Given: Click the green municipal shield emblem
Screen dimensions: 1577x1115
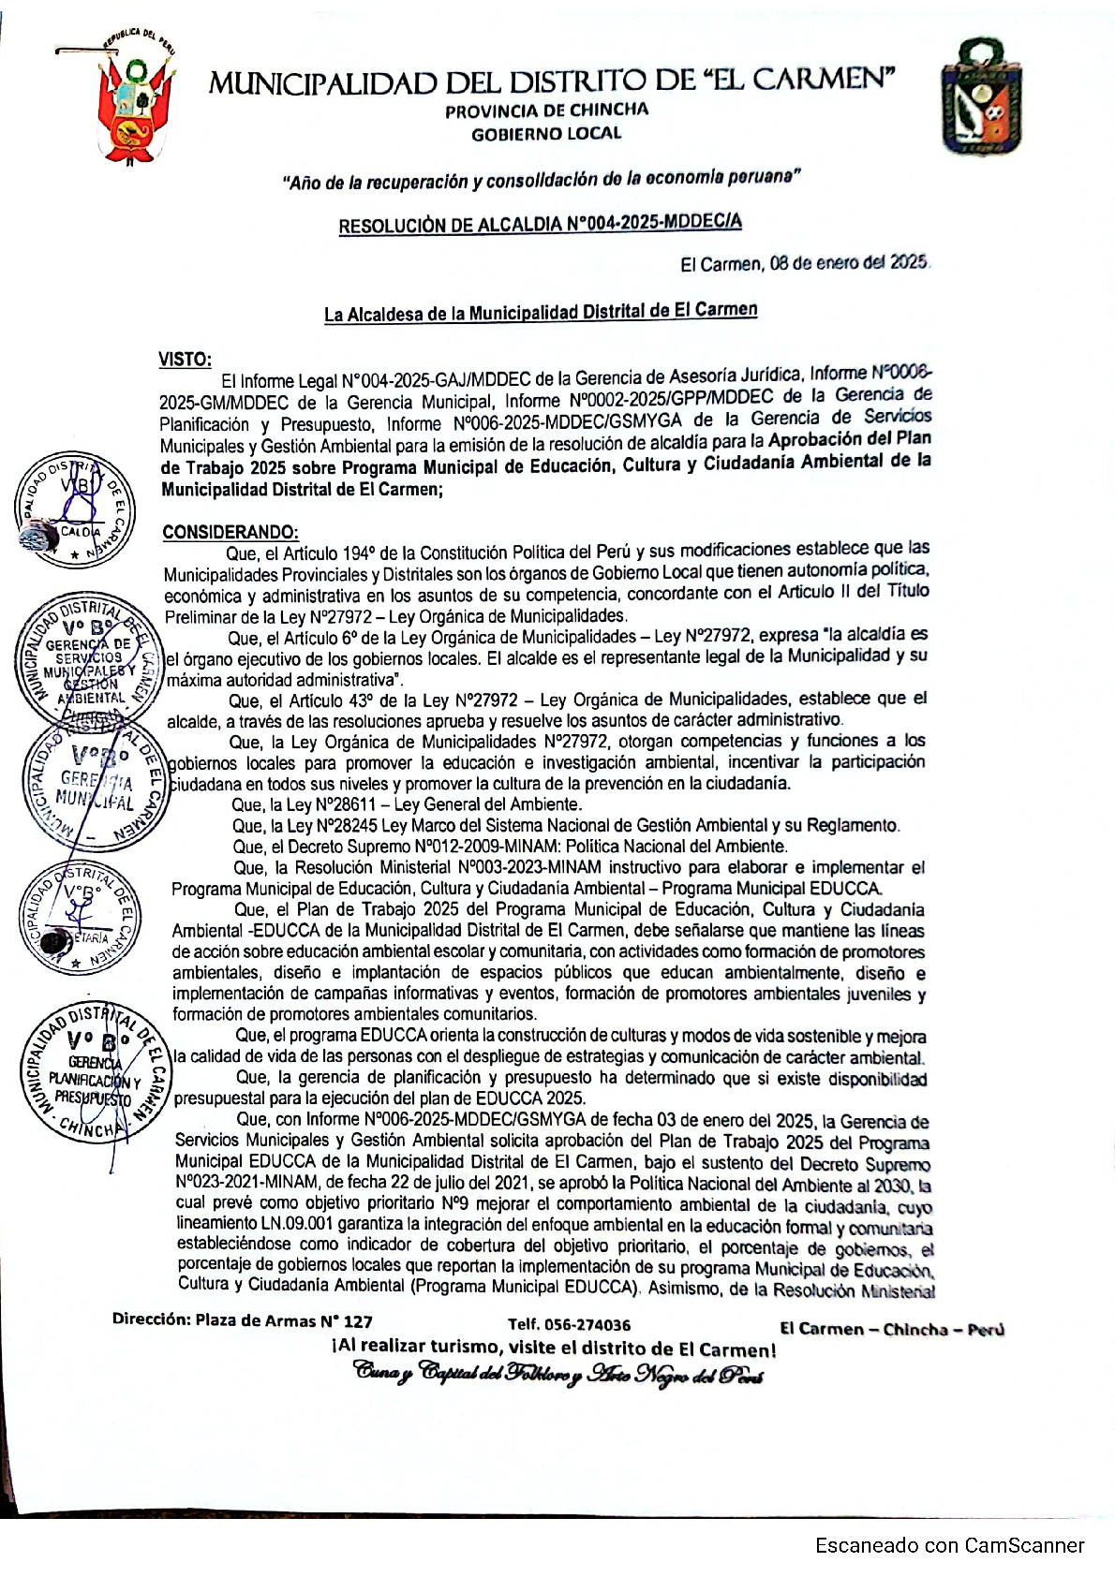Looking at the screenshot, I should [x=981, y=96].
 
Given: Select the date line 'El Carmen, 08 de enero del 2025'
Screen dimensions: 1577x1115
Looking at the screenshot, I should [x=805, y=263].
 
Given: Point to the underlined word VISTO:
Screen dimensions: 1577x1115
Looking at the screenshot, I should [x=185, y=359].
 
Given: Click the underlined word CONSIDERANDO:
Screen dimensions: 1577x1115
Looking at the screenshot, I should [x=230, y=532].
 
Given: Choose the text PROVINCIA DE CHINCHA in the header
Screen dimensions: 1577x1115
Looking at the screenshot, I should [x=546, y=110].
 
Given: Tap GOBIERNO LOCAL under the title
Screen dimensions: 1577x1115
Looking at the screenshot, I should [x=546, y=133].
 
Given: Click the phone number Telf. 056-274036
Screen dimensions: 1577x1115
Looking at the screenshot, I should [x=569, y=1324].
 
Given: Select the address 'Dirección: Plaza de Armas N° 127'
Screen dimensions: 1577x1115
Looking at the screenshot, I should [x=243, y=1321].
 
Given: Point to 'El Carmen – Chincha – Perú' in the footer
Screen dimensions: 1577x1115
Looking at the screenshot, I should [x=891, y=1329].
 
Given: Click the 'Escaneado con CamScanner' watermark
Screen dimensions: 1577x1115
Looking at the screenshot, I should [x=949, y=1546].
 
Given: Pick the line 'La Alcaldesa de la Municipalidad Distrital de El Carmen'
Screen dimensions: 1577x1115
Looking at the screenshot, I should [x=541, y=312].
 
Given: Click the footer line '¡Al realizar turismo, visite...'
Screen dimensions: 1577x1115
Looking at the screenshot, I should [x=553, y=1349].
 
